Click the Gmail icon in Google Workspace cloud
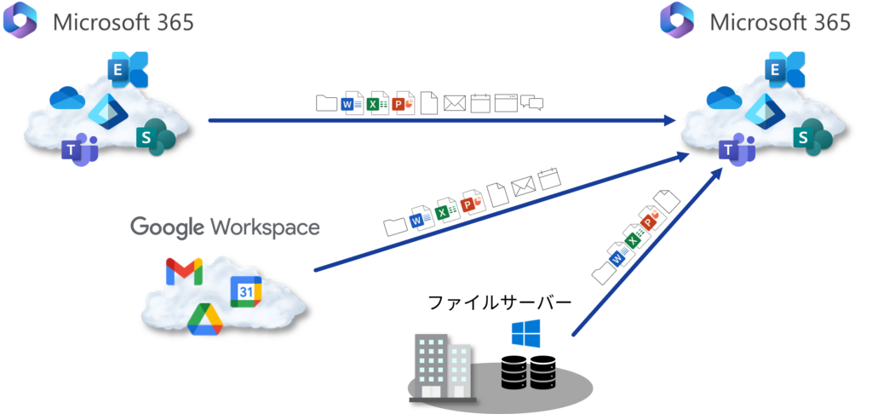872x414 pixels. click(183, 272)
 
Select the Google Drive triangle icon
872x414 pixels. click(205, 319)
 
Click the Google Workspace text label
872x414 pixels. click(225, 227)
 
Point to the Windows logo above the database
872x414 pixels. click(525, 333)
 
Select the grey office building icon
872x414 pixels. click(443, 365)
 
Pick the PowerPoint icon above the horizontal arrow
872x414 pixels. click(404, 103)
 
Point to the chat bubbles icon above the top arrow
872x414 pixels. click(532, 103)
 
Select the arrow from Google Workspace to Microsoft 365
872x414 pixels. click(502, 212)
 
